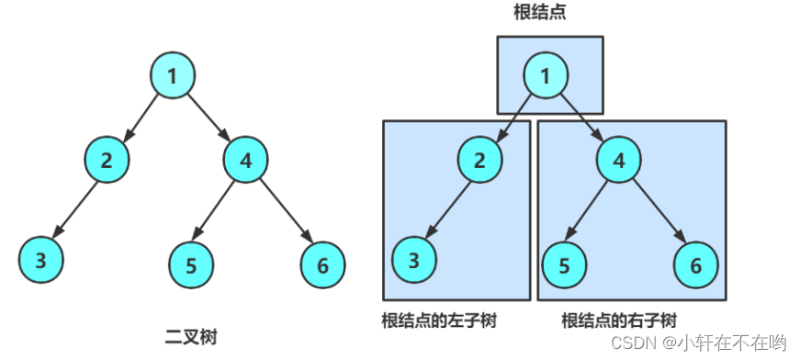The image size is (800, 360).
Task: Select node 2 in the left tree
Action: [107, 159]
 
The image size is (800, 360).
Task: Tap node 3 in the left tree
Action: [41, 259]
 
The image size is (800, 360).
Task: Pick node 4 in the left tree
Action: [245, 159]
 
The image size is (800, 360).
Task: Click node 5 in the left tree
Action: [191, 266]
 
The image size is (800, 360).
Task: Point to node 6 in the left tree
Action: [323, 266]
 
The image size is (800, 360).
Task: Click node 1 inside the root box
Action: [546, 76]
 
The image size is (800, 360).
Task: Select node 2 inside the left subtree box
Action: [479, 159]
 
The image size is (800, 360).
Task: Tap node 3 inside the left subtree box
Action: [414, 260]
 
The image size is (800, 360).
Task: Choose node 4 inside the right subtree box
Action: [619, 159]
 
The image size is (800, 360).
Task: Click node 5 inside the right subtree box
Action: [565, 266]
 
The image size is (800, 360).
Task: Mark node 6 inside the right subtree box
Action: [696, 266]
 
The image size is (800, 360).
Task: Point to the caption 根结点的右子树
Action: [619, 321]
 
